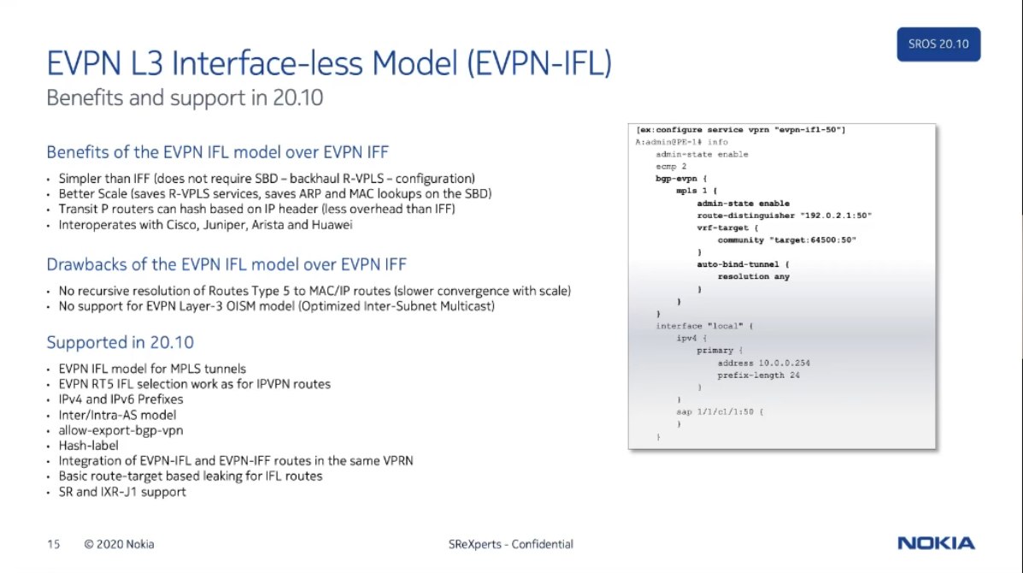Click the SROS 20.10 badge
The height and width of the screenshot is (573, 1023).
coord(938,44)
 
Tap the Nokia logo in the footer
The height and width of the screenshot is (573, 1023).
coord(936,543)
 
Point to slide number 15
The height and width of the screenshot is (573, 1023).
coord(54,544)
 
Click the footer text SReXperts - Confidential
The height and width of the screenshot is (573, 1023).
coord(511,544)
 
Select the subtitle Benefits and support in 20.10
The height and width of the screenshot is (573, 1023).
coord(185,97)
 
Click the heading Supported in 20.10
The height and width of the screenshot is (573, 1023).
coord(120,342)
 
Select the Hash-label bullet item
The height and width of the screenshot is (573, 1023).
coord(89,446)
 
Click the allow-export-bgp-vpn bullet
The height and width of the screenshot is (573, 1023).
coord(121,431)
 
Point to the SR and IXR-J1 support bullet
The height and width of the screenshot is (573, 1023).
coord(122,492)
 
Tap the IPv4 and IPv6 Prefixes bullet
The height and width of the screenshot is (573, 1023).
coord(121,399)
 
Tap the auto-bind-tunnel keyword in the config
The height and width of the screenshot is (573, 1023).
coord(738,264)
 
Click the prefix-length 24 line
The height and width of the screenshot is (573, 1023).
coord(759,375)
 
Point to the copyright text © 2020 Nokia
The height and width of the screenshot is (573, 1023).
coord(119,544)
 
